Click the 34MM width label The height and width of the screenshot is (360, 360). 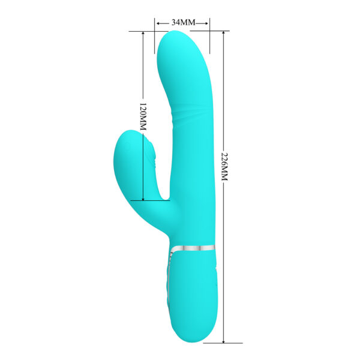tap(183, 22)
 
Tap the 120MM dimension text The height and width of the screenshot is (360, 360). tap(143, 116)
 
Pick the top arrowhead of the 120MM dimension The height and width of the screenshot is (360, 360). tap(143, 34)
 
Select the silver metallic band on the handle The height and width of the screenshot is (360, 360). tap(192, 247)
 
